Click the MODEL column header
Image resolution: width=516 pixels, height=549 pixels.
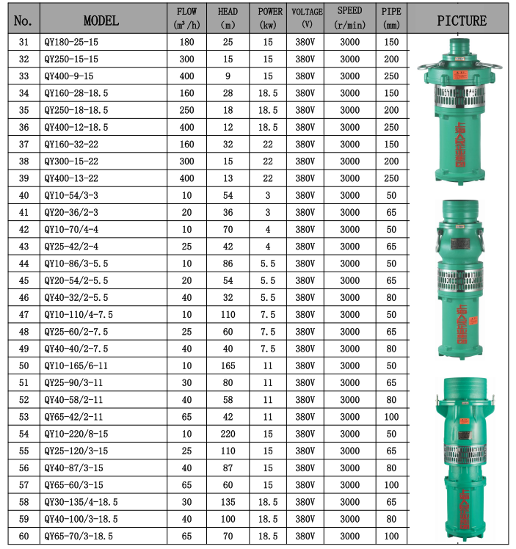(x=101, y=20)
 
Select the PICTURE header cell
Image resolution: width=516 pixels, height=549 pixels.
(x=461, y=20)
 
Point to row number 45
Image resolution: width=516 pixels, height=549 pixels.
(x=24, y=280)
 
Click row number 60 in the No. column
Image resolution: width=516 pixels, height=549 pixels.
(x=24, y=536)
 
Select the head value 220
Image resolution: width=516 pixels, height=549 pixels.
(x=228, y=434)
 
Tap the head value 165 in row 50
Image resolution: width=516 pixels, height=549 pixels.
(x=228, y=366)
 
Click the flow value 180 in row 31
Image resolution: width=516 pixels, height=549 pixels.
(x=186, y=43)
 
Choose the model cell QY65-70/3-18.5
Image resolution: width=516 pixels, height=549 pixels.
(x=79, y=536)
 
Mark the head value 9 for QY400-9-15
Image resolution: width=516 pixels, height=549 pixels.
(x=228, y=76)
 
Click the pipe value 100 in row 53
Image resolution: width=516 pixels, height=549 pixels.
(x=390, y=417)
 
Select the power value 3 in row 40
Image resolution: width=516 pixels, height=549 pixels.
(x=267, y=195)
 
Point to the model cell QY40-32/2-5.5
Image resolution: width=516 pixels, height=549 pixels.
(x=77, y=297)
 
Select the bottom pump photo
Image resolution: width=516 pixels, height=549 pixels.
(x=460, y=459)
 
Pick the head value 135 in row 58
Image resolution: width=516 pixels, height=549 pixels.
(x=228, y=502)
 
